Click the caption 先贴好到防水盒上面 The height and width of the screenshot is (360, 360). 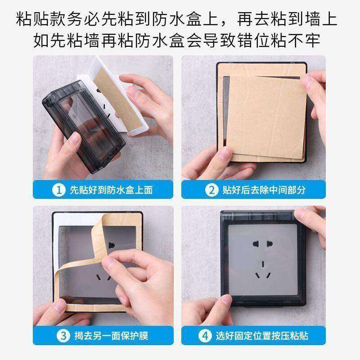(111, 189)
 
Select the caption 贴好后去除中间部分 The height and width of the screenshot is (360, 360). (264, 189)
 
